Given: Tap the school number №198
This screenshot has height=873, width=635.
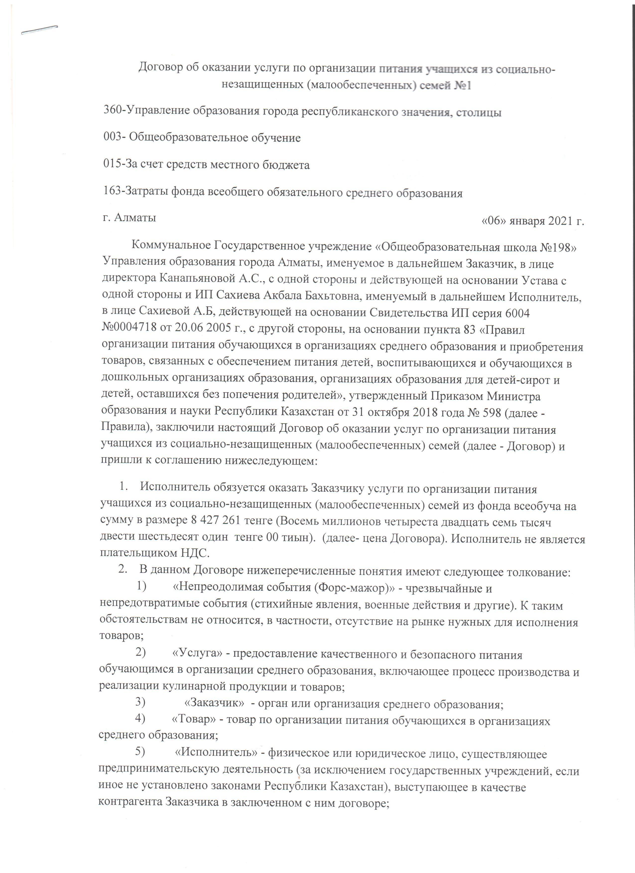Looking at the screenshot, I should click(555, 247).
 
